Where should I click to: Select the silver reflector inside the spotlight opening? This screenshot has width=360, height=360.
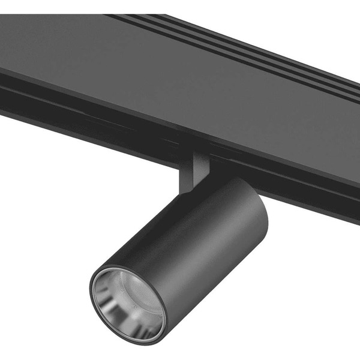click(x=144, y=318)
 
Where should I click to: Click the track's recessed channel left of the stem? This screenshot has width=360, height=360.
click(x=90, y=120)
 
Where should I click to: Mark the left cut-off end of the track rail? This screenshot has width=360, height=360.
click(x=2, y=90)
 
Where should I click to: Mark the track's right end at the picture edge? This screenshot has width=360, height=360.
click(x=356, y=150)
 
